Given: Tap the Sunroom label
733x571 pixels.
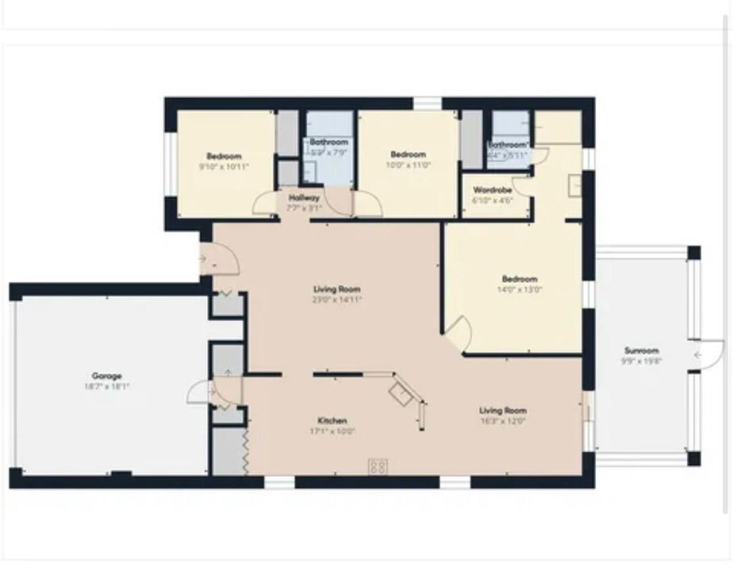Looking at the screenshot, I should coord(641,351).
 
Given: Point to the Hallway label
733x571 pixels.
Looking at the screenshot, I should coord(305,197).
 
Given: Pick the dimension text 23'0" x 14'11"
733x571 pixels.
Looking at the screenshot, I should coord(337,300).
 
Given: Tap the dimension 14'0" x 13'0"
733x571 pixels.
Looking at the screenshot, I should coord(520,289).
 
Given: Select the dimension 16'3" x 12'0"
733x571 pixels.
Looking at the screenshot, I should coord(503,421).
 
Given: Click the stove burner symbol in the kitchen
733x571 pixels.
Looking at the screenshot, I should coord(378,467).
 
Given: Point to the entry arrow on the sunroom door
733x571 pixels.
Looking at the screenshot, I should coord(697,354).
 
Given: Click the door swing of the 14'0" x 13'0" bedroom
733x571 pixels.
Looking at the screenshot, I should coord(459,331).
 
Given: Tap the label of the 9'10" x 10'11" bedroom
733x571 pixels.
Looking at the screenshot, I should coord(225,156).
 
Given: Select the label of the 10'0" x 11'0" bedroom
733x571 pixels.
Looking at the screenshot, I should coord(408,154).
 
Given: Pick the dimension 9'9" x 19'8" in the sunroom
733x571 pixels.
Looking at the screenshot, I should coord(641,361).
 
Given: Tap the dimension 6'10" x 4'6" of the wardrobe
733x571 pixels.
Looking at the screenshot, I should coord(493,201).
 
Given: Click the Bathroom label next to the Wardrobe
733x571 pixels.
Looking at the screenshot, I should coord(507,145).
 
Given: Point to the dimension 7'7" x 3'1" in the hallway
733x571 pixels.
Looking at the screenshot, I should coord(305,207).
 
